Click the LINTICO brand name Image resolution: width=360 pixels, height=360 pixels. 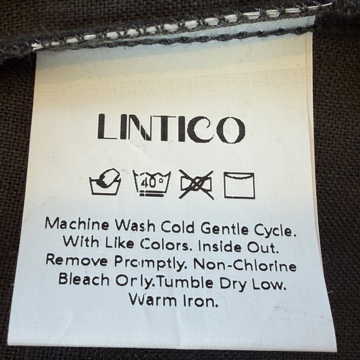click(x=171, y=128)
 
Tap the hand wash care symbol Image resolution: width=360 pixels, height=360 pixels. click(x=105, y=182)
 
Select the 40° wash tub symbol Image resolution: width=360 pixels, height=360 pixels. click(x=152, y=183)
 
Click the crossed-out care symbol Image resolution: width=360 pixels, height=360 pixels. click(x=196, y=184)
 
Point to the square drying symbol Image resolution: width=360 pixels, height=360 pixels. click(x=239, y=186)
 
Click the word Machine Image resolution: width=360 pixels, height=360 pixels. click(x=77, y=224)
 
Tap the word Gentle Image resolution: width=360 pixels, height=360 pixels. click(x=225, y=228)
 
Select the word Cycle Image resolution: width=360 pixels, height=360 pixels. click(x=274, y=230)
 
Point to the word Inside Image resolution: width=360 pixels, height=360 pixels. click(x=220, y=246)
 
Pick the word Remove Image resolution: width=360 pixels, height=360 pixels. click(x=77, y=260)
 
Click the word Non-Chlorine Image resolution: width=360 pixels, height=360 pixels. click(x=245, y=265)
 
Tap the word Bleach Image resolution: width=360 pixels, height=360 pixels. click(x=84, y=279)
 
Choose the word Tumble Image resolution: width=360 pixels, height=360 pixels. click(x=186, y=282)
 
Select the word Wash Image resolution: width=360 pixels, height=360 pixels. click(x=135, y=225)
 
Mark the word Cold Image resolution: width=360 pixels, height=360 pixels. click(x=178, y=227)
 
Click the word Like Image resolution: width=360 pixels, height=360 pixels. click(x=120, y=242)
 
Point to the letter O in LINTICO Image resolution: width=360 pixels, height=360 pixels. click(x=231, y=130)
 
